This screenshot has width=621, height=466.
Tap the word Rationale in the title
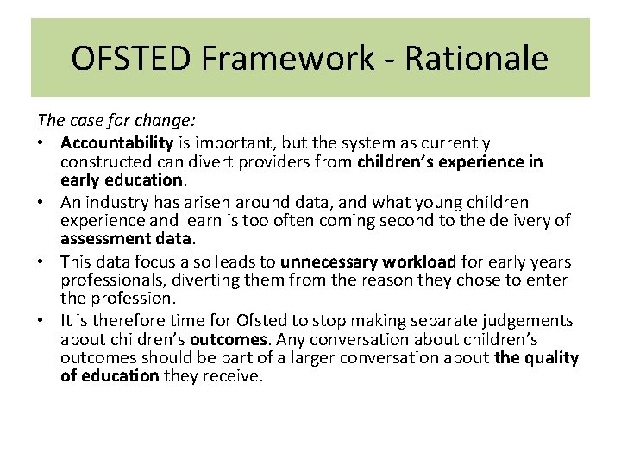pyautogui.click(x=477, y=59)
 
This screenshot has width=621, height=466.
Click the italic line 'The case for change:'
pyautogui.click(x=106, y=123)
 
